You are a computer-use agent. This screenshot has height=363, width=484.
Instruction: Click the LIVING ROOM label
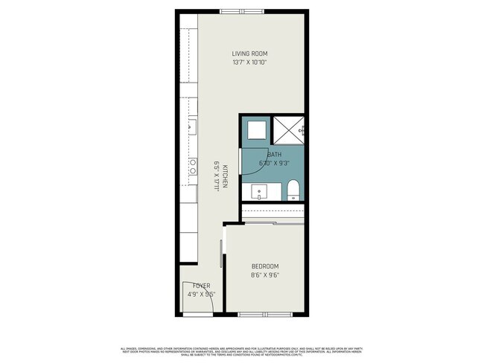(x=249, y=54)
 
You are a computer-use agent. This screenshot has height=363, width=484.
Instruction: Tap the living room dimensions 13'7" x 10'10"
(x=249, y=62)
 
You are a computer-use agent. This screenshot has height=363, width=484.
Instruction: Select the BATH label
(x=264, y=155)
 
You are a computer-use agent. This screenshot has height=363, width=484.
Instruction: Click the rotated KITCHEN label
(x=223, y=176)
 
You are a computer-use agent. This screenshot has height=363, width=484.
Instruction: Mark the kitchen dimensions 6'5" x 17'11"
(x=216, y=176)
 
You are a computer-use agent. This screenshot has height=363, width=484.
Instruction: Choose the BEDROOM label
(x=264, y=266)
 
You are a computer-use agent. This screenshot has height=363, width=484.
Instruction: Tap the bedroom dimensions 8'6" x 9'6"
(x=264, y=275)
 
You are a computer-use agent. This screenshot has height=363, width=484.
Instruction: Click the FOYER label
(x=201, y=286)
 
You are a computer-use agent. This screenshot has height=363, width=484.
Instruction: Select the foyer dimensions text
(x=201, y=294)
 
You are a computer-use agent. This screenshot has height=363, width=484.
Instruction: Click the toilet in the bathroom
(x=293, y=189)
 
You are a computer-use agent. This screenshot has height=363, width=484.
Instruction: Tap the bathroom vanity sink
(x=261, y=192)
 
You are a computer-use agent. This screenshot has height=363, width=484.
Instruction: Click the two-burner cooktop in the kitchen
(x=192, y=166)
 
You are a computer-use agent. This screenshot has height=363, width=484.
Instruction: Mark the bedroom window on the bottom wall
(x=260, y=315)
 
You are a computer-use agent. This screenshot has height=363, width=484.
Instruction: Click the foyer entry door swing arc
(x=191, y=296)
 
